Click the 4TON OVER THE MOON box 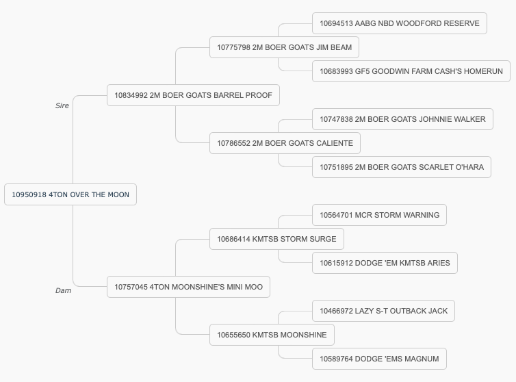point(70,194)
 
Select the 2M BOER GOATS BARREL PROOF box point(193,95)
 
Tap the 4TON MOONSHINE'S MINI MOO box point(189,287)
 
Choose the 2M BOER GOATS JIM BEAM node point(284,47)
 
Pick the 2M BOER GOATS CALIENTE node point(285,143)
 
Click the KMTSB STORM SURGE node point(276,239)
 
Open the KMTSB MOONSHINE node point(272,335)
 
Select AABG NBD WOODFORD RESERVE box point(400,23)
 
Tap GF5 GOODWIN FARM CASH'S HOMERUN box point(411,71)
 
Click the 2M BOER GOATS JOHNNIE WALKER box point(402,119)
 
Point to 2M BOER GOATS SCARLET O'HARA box point(402,167)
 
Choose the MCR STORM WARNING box point(379,215)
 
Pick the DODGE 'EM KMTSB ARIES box point(385,263)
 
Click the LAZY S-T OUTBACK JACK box point(383,311)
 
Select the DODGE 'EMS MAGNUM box point(379,359)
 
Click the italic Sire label point(62,105)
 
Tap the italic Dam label point(63,290)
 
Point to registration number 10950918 point(29,194)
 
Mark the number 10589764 point(336,359)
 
